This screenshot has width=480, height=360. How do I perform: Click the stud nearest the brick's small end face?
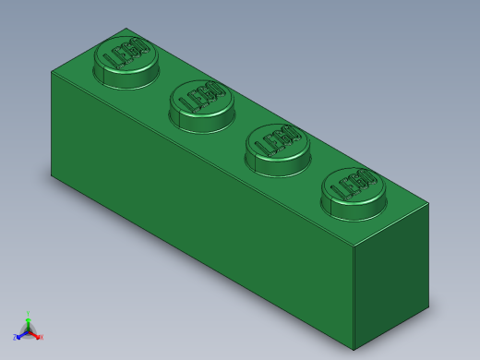coord(354,191)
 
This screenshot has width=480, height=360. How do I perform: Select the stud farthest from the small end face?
coord(126,58)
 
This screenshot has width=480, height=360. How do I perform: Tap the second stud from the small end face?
coord(278,147)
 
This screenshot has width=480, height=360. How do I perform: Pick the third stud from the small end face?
coord(202,102)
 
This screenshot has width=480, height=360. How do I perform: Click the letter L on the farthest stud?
coord(112,63)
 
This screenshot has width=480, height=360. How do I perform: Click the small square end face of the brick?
coord(391,277)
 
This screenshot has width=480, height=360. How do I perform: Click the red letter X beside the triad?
coord(41,337)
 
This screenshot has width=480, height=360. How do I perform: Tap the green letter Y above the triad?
coord(28,314)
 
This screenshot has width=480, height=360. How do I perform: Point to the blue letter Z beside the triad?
coord(15,337)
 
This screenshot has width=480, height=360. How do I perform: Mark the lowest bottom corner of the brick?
coord(354,350)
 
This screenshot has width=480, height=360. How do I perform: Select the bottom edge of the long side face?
coord(203,262)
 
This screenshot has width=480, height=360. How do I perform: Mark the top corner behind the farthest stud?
coord(125,29)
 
